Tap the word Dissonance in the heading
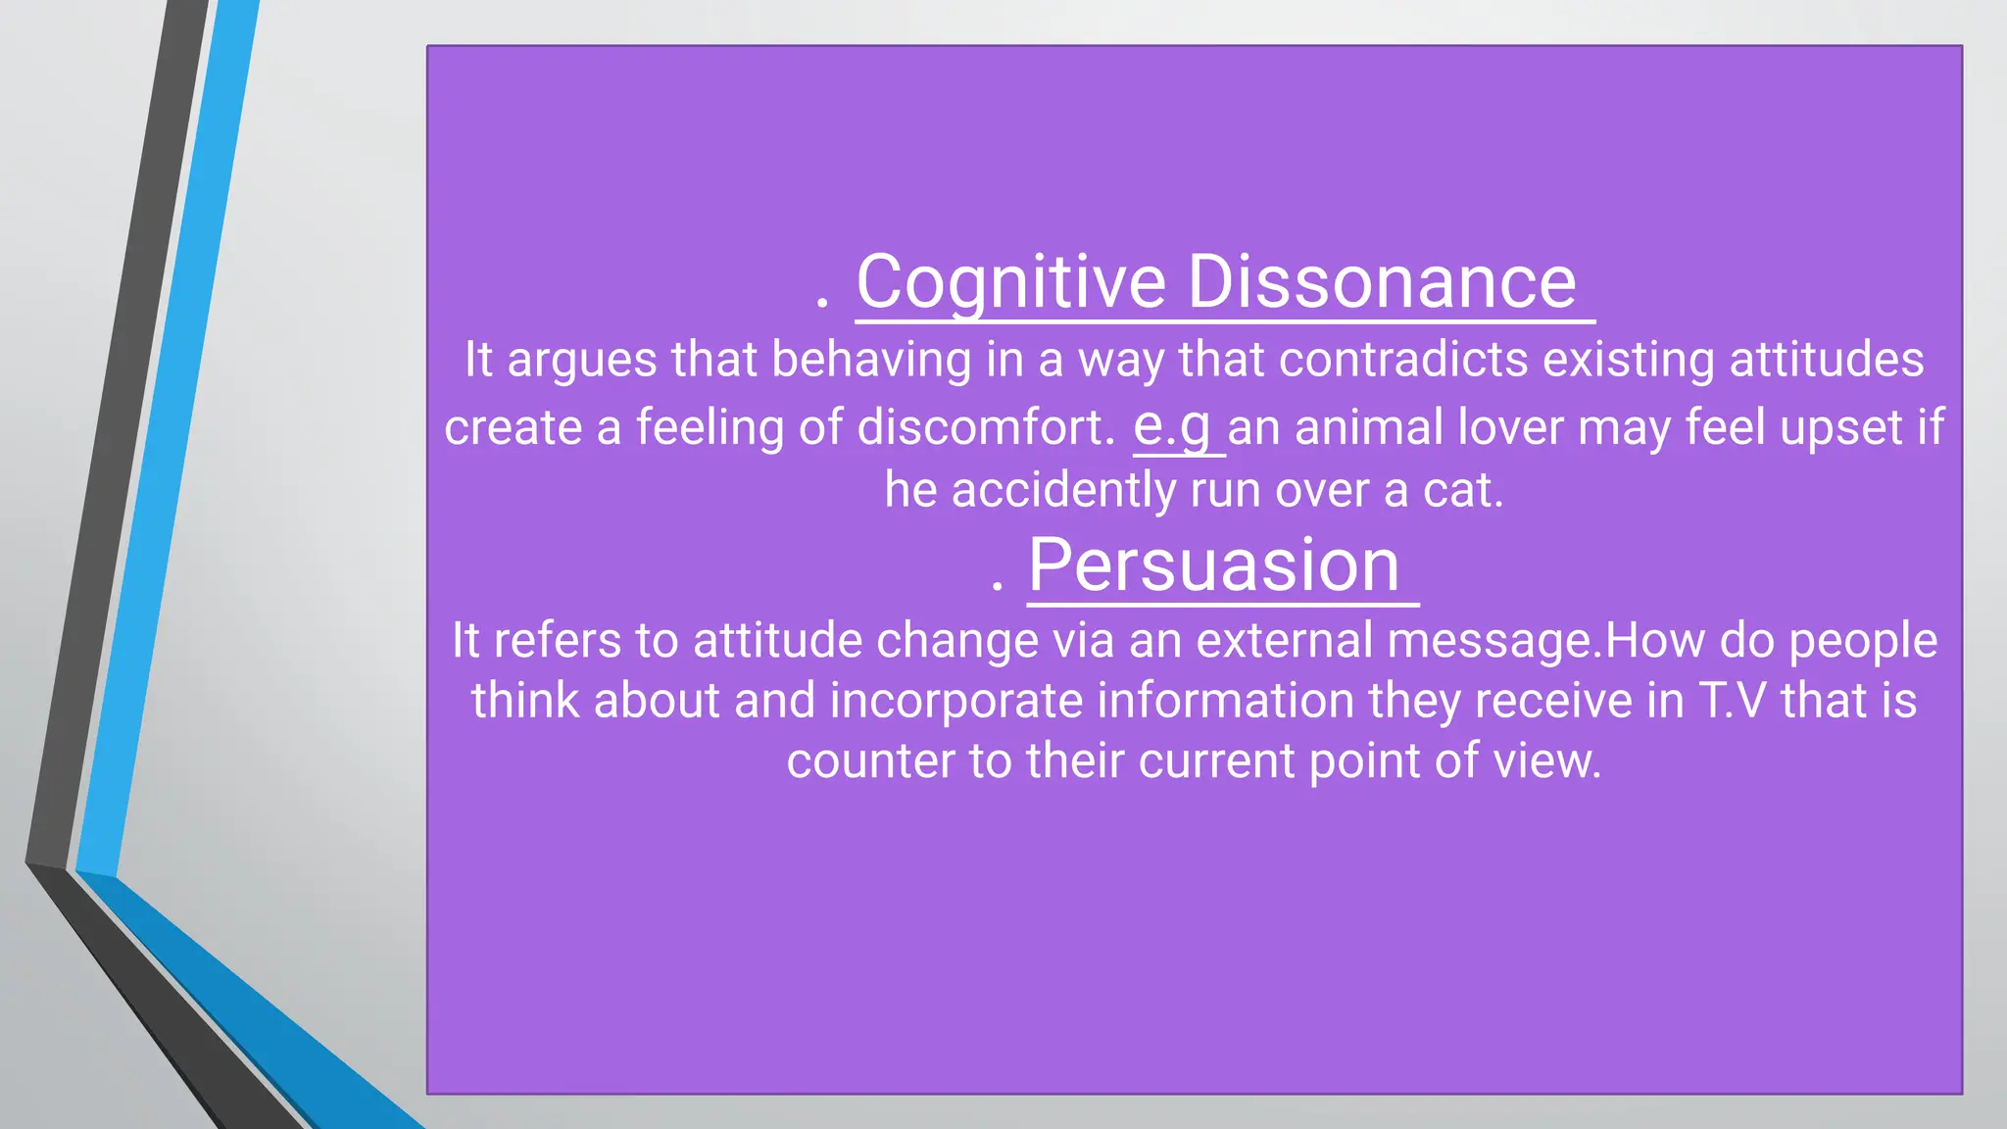[1382, 282]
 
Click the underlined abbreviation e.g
[1172, 426]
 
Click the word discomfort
[986, 427]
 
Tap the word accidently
[1063, 490]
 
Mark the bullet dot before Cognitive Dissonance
[822, 305]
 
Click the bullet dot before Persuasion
[997, 587]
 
